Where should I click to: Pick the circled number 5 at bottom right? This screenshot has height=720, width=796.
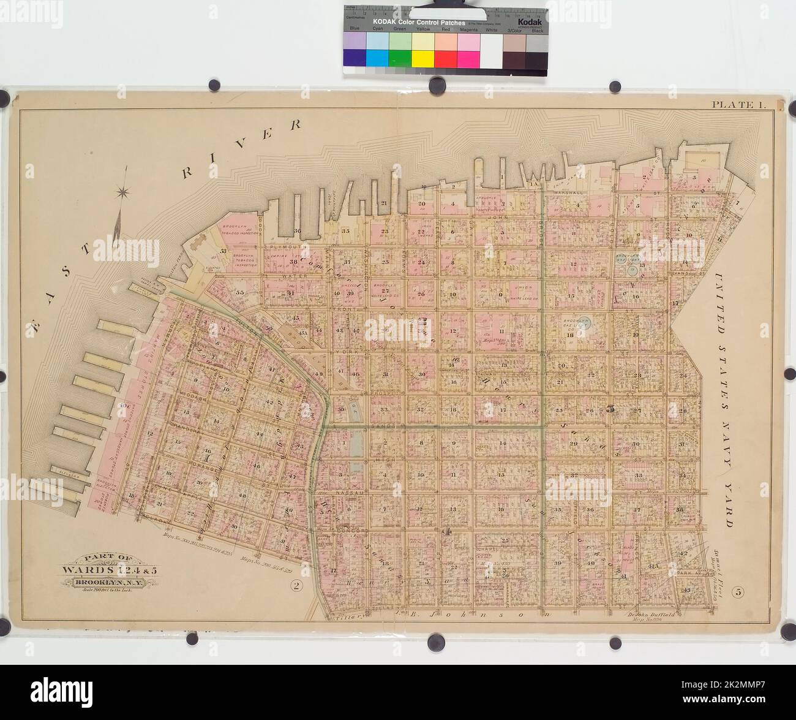739,591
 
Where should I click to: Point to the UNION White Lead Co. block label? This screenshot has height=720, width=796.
505,289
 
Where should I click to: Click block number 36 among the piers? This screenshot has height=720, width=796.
297,230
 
